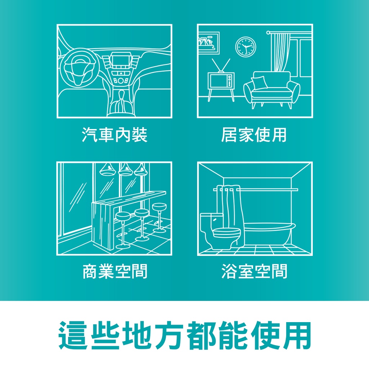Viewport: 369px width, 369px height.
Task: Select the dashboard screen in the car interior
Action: click(x=121, y=60)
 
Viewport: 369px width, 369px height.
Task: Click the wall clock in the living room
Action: click(x=245, y=46)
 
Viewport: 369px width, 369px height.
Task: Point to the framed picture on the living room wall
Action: click(x=209, y=43)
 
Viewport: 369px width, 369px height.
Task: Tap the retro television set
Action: click(x=221, y=80)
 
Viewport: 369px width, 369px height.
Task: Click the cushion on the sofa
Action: click(x=259, y=83)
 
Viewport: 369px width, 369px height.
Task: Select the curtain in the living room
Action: click(x=280, y=52)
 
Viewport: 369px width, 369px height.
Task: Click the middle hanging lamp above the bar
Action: click(x=125, y=170)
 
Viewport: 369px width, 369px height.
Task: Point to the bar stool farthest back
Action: click(x=159, y=217)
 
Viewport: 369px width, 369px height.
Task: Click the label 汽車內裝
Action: click(x=115, y=135)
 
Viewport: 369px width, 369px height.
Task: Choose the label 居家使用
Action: click(x=254, y=135)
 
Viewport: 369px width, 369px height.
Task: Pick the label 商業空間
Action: click(x=115, y=271)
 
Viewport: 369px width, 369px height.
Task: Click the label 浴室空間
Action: click(x=254, y=271)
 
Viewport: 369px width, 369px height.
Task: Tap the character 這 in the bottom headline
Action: click(x=73, y=335)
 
